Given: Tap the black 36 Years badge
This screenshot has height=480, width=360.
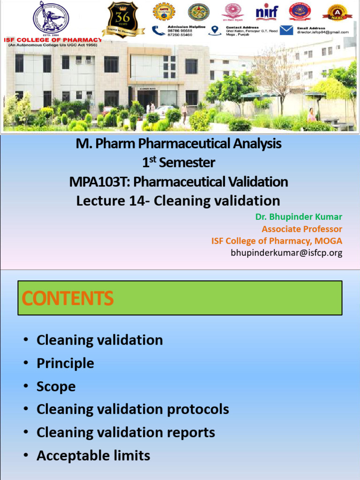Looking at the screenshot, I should (123, 19).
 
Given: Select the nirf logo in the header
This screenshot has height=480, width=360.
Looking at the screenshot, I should (267, 12).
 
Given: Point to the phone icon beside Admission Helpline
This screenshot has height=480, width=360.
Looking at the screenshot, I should (159, 30).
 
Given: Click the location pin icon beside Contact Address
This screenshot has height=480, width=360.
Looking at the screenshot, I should (215, 30).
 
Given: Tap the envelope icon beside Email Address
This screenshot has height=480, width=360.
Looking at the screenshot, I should (287, 30).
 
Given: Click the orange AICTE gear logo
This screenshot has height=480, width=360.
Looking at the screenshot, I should (164, 12).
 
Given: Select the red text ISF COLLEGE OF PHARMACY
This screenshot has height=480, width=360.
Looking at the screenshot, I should (52, 40).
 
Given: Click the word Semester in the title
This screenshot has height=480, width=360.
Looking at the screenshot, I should (187, 163).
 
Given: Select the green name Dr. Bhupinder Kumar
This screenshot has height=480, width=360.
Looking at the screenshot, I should (299, 217).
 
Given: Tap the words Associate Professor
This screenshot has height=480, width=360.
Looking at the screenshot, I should (302, 229).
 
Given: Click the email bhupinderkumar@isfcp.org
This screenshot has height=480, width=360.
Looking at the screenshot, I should (286, 253).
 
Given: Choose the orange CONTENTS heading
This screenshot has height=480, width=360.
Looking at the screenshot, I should (68, 298).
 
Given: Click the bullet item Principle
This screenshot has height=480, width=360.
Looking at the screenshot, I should (65, 363).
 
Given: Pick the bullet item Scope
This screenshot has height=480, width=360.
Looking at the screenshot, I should (56, 386).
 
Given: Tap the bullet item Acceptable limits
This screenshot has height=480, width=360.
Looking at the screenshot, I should (93, 455).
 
